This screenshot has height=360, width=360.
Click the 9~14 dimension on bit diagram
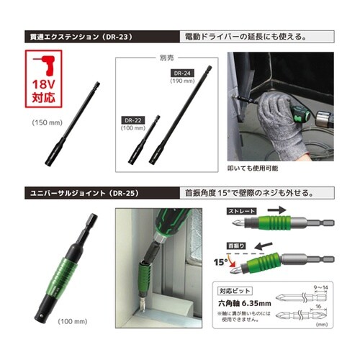pos(332,289)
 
